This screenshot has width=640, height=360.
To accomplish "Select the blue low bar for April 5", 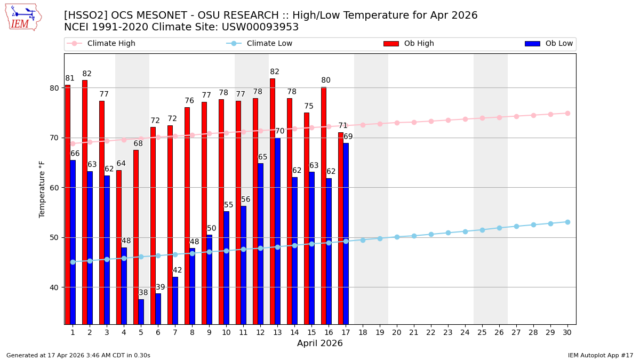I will coord(141,311).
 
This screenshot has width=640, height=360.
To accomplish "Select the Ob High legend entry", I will coord(409,44).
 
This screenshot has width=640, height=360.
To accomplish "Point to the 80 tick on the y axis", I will coord(55,88).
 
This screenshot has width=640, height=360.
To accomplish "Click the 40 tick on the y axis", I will coord(55,287).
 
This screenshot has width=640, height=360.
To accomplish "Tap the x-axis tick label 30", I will coord(567,332).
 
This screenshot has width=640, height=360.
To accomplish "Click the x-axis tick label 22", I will coord(431,332).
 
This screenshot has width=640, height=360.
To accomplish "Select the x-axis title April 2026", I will coord(320,343).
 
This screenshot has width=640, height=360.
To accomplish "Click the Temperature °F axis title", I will coord(43,189).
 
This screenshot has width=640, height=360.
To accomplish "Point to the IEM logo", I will coord(23,17).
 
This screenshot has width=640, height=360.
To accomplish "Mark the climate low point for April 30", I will coord(567,222).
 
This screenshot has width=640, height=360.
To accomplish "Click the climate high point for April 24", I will coord(465,119).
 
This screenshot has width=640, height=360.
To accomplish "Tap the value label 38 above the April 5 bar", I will coord(143,293).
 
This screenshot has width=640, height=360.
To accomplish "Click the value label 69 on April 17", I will coord(348,137).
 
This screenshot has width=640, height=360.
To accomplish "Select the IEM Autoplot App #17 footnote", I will coord(601,355).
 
